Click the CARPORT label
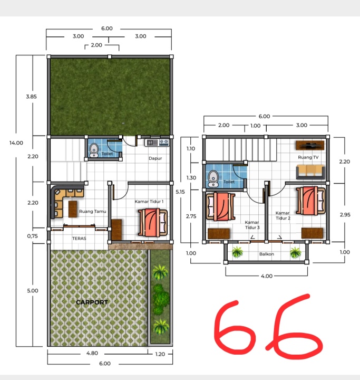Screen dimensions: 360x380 [x=92, y=302]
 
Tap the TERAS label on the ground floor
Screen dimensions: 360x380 [x=79, y=239]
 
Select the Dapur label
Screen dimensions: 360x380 [x=155, y=158]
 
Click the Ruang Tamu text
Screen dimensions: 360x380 [x=92, y=211]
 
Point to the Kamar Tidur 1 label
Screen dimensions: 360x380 [x=149, y=202]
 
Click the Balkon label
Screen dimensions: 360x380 [x=267, y=254]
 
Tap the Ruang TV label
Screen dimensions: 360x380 [x=308, y=157]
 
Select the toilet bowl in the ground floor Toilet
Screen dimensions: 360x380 [x=94, y=150]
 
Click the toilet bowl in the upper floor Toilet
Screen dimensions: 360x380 [x=213, y=178]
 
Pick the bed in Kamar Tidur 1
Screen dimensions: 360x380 [x=153, y=223]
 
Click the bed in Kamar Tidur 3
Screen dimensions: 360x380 [x=220, y=206]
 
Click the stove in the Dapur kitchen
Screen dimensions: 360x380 [x=164, y=142]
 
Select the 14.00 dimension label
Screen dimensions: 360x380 [x=16, y=142]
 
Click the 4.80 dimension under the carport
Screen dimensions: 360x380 [x=92, y=353]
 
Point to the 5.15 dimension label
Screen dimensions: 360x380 [x=180, y=192]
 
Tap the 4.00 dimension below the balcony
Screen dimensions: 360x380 [x=267, y=276]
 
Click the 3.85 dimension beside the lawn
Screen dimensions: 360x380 [x=32, y=97]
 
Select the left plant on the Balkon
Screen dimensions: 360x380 [x=237, y=252]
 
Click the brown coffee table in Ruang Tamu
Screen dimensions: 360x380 [x=73, y=209]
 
